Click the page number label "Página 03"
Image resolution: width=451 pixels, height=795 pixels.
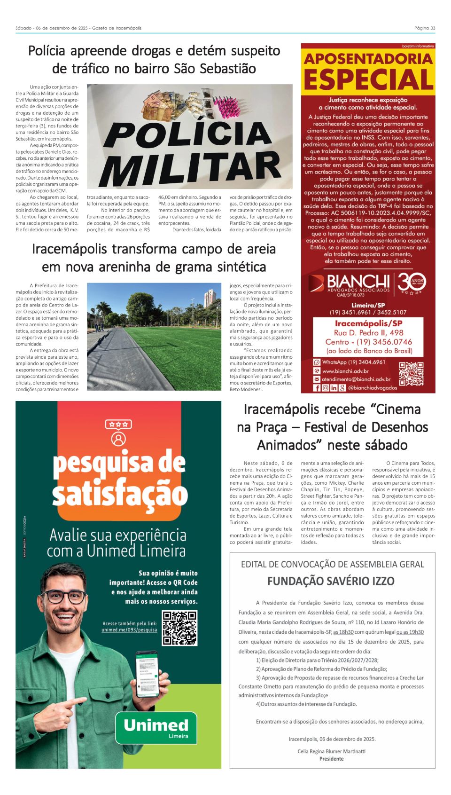(424, 28)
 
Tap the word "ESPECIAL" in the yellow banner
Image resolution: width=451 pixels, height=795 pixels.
(368, 79)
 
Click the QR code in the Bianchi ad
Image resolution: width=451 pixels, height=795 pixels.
(411, 374)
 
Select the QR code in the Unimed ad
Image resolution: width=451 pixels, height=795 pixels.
(179, 628)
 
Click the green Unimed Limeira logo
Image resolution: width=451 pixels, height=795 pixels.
(156, 728)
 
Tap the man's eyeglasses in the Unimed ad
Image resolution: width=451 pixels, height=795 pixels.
(64, 597)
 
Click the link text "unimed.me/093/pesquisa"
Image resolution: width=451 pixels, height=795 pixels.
(129, 630)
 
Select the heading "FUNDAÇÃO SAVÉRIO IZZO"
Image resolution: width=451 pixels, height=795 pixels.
(331, 581)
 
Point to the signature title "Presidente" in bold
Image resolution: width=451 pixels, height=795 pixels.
(331, 759)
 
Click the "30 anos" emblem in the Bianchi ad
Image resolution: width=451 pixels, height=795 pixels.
(412, 283)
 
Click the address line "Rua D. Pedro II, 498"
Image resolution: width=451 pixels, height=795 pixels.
(368, 333)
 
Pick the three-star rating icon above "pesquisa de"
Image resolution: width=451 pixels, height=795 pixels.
(118, 424)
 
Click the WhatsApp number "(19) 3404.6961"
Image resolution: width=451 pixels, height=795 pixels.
(360, 362)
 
